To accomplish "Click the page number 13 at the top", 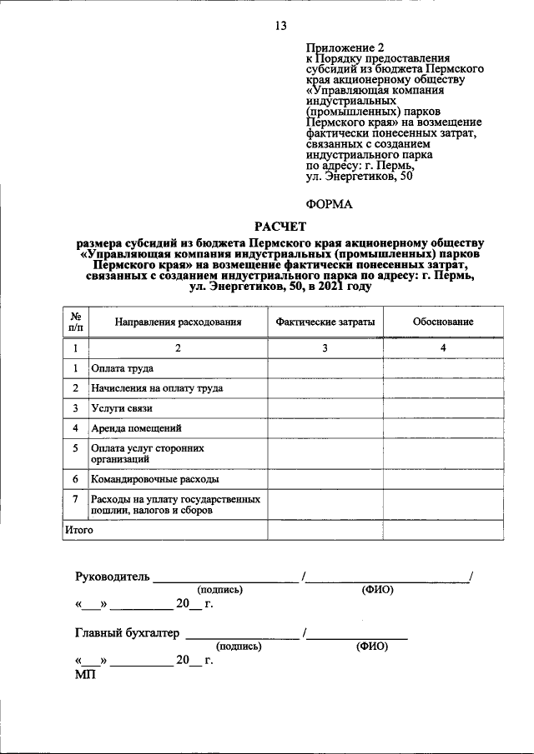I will (280, 26).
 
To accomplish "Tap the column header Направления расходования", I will (178, 322).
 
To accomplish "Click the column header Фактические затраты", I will (325, 322).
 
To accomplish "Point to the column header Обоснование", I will (443, 322).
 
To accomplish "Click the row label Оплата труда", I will (122, 367).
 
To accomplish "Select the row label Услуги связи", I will (122, 408).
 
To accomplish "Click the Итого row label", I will (78, 529).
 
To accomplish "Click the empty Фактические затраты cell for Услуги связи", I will (325, 408).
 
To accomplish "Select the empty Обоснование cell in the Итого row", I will (443, 529).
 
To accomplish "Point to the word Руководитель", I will (112, 577).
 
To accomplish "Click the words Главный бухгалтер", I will (127, 633).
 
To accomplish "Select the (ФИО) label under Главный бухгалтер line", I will (371, 647).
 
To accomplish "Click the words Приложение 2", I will (340, 49).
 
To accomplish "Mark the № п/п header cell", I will (75, 322).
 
